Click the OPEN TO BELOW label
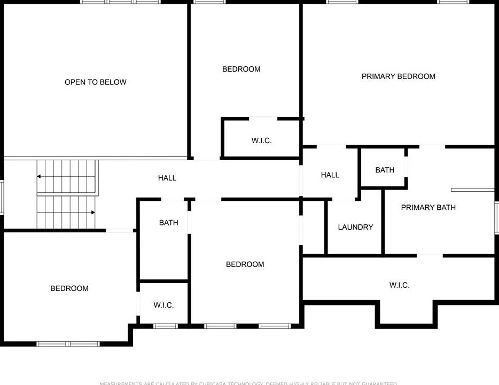point(96,82)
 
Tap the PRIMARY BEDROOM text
point(399,76)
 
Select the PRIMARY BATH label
point(428,207)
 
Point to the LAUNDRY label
point(355,227)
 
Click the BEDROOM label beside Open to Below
point(241,69)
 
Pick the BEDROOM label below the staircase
point(69,288)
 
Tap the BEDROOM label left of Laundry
point(245,264)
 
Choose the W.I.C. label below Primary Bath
point(400,285)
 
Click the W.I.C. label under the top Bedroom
point(262,140)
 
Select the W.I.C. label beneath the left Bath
point(163,305)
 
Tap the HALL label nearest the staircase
point(167,178)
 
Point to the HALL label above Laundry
point(330,175)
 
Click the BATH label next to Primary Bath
point(385,170)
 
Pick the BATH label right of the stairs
point(169,223)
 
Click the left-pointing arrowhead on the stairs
point(39,176)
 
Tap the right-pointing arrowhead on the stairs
point(93,213)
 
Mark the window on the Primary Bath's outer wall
point(497,218)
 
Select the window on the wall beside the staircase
point(2,198)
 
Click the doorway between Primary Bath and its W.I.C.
point(430,255)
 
